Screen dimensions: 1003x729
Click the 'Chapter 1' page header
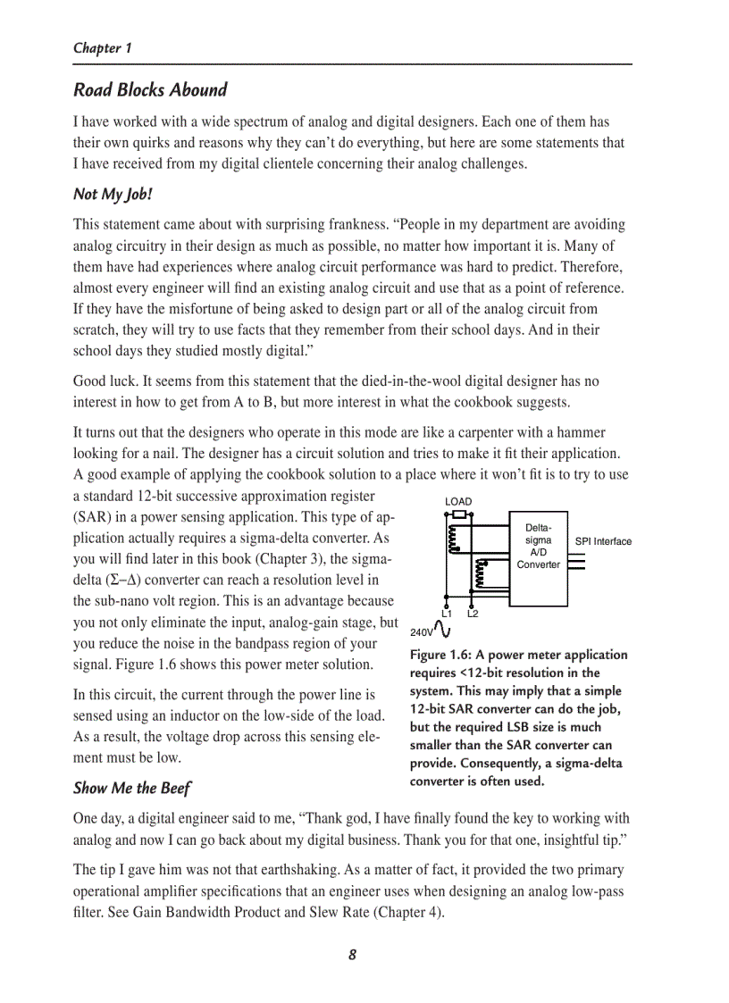click(103, 48)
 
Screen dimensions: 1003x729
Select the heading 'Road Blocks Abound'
click(150, 90)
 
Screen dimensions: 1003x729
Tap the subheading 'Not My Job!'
click(113, 194)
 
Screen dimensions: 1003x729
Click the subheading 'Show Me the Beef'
click(131, 788)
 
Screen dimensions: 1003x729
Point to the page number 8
click(352, 955)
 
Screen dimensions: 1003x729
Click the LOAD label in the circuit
click(458, 502)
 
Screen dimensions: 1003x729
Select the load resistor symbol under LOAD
click(459, 515)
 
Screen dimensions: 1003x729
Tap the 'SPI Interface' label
click(603, 541)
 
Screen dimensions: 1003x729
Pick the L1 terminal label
click(447, 614)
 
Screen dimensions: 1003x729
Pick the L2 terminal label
click(473, 614)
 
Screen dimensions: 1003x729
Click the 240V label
click(422, 632)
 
